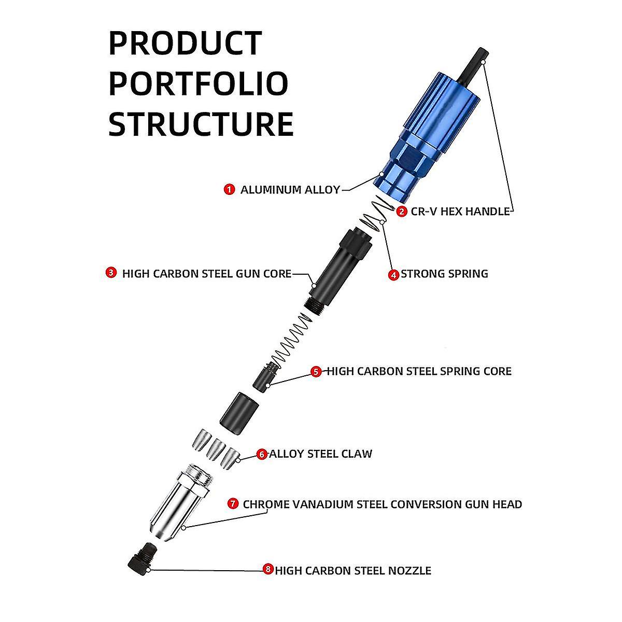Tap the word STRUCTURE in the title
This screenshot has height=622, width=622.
pos(201,124)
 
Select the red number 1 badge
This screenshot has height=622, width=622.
pos(229,190)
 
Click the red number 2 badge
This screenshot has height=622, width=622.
pos(402,211)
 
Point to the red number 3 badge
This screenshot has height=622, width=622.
pos(111,273)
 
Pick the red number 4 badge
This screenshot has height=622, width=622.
pos(394,275)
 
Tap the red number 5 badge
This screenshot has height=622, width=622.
pos(316,372)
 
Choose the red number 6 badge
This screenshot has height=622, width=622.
pos(262,455)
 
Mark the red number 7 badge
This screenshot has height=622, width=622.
pos(233,504)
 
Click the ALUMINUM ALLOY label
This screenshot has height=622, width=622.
pos(290,190)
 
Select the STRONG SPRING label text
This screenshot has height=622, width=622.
pos(444,274)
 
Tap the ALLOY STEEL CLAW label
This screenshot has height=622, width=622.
pos(320,454)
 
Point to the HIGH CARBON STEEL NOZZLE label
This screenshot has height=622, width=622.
pos(353,571)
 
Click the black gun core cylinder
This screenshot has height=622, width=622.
pos(337,270)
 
